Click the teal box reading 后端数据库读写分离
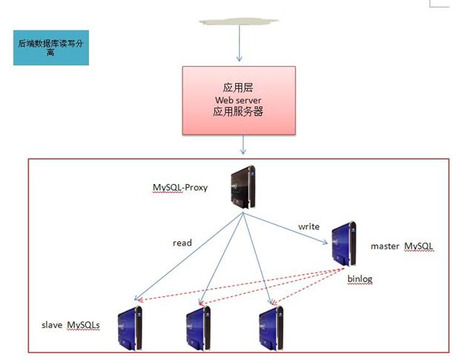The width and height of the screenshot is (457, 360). (50, 48)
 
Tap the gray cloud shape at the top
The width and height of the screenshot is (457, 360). (239, 22)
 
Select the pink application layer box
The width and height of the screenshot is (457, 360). (239, 100)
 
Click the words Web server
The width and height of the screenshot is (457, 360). (239, 100)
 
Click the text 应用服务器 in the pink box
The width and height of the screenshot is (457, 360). (239, 113)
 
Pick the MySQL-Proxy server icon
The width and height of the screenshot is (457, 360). (243, 189)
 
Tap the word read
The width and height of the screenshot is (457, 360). (182, 243)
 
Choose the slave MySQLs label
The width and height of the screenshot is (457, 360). (71, 325)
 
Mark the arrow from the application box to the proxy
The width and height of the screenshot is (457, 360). (239, 148)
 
